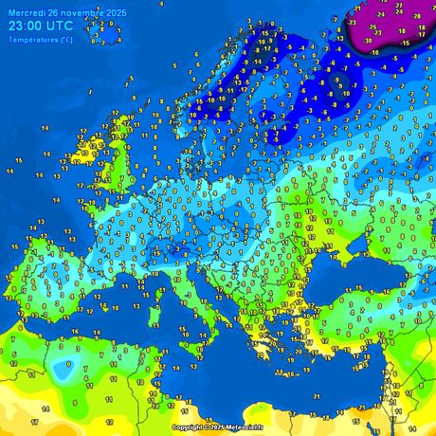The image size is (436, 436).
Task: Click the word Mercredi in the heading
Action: tap(28, 12)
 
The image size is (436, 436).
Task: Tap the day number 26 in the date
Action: tap(59, 12)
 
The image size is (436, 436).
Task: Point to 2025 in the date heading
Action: tap(118, 12)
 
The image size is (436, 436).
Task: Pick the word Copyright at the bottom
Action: tap(187, 427)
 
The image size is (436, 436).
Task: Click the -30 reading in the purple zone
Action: tap(368, 41)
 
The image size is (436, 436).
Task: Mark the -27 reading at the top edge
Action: tap(399, 5)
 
